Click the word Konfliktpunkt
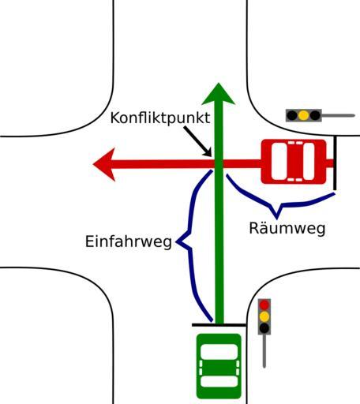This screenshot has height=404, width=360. pyautogui.click(x=160, y=118)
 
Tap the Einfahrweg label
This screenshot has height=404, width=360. pyautogui.click(x=129, y=241)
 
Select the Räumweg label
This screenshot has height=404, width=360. pyautogui.click(x=287, y=228)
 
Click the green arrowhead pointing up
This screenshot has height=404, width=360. pyautogui.click(x=218, y=94)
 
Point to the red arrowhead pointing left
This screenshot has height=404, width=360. pyautogui.click(x=104, y=164)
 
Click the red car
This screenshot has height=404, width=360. pyautogui.click(x=294, y=162)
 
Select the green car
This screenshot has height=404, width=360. pyautogui.click(x=219, y=366)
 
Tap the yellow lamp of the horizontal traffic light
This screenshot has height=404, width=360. pyautogui.click(x=304, y=115)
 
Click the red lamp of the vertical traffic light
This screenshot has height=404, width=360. pyautogui.click(x=264, y=305)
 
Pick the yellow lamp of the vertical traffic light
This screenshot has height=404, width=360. pyautogui.click(x=264, y=316)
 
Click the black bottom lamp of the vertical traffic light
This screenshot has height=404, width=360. pyautogui.click(x=264, y=327)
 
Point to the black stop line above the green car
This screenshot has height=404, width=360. pyautogui.click(x=219, y=325)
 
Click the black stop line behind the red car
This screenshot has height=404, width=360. pyautogui.click(x=335, y=163)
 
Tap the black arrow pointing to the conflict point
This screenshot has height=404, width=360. pyautogui.click(x=197, y=141)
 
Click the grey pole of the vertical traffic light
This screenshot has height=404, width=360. pyautogui.click(x=264, y=351)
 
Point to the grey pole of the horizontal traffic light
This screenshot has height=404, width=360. pyautogui.click(x=339, y=115)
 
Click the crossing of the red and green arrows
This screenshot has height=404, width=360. pyautogui.click(x=219, y=163)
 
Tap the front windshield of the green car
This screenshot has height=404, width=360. pyautogui.click(x=219, y=352)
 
